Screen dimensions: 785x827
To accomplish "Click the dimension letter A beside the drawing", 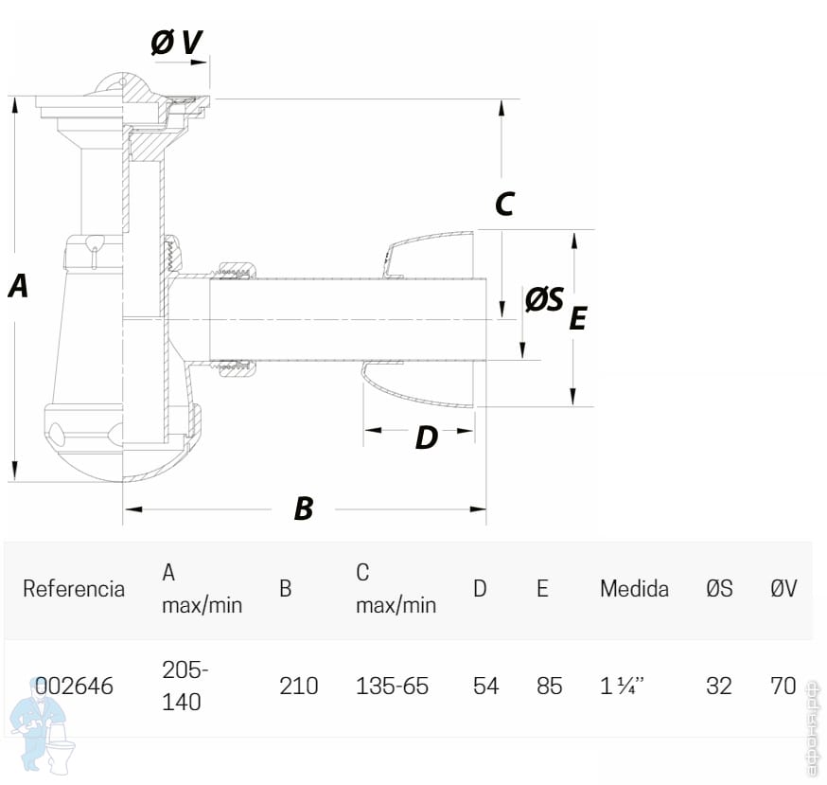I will pyautogui.click(x=18, y=285).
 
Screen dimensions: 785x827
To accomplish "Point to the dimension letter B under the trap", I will pyautogui.click(x=303, y=508).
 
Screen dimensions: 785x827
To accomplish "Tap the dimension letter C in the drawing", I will pyautogui.click(x=504, y=204).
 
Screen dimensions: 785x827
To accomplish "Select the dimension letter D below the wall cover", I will pyautogui.click(x=427, y=438).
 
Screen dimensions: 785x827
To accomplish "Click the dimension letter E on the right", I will pyautogui.click(x=577, y=318).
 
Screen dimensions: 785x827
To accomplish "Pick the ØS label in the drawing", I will pyautogui.click(x=544, y=300).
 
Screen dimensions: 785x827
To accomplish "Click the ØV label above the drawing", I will pyautogui.click(x=177, y=42).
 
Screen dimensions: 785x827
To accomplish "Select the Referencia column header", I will pyautogui.click(x=74, y=588).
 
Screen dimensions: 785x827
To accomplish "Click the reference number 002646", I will pyautogui.click(x=74, y=686).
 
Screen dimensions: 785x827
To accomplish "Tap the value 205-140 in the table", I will pyautogui.click(x=185, y=686).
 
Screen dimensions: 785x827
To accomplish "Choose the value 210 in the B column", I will pyautogui.click(x=299, y=686).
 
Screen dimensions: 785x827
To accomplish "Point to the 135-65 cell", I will pyautogui.click(x=392, y=686).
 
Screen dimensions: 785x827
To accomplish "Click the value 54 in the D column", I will pyautogui.click(x=485, y=686).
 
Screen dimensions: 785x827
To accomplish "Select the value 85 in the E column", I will pyautogui.click(x=549, y=686).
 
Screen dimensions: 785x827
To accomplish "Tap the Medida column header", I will pyautogui.click(x=634, y=588).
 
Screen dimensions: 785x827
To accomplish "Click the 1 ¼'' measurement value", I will pyautogui.click(x=625, y=686).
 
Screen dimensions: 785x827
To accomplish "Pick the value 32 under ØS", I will pyautogui.click(x=719, y=686).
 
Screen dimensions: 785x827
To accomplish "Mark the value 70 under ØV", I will pyautogui.click(x=783, y=686).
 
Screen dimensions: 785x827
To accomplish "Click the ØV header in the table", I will pyautogui.click(x=783, y=588).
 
